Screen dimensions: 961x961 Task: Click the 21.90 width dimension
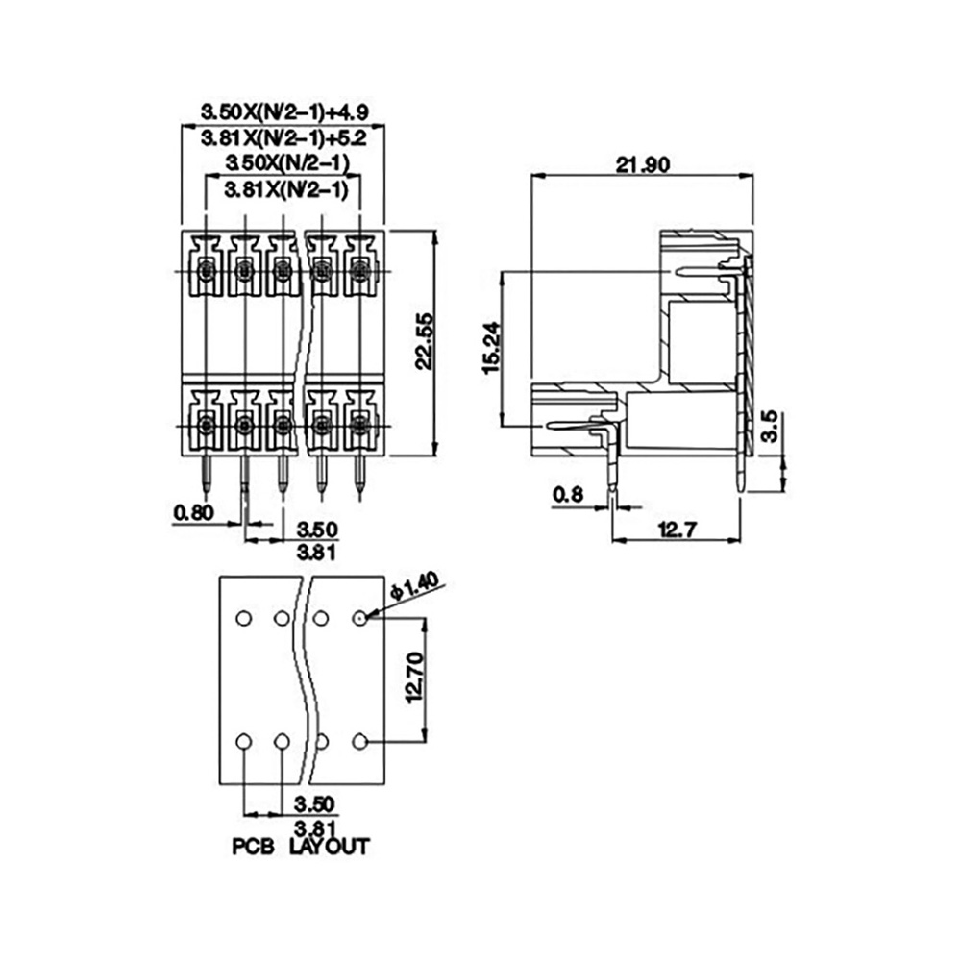[x=643, y=165]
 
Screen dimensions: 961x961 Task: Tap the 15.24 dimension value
[x=491, y=348]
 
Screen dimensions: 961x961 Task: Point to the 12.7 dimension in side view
[x=677, y=529]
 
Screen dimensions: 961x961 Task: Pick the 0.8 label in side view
[x=568, y=494]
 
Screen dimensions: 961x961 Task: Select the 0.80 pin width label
[x=193, y=512]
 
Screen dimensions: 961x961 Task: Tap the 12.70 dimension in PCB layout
[x=414, y=678]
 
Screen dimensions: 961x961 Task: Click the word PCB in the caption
[x=253, y=847]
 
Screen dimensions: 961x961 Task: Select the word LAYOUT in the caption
[x=329, y=847]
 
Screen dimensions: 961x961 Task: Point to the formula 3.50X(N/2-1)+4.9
[x=283, y=112]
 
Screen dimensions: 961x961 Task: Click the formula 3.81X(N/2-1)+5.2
[x=283, y=138]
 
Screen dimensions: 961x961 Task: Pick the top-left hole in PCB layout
[x=244, y=618]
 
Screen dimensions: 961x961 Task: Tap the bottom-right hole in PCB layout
[x=359, y=742]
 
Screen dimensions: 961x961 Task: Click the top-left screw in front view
[x=206, y=270]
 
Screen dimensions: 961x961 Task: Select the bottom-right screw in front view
[x=360, y=424]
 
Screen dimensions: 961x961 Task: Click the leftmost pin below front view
[x=206, y=475]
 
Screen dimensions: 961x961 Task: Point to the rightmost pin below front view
[x=359, y=475]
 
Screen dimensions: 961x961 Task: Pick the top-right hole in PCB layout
[x=359, y=618]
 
